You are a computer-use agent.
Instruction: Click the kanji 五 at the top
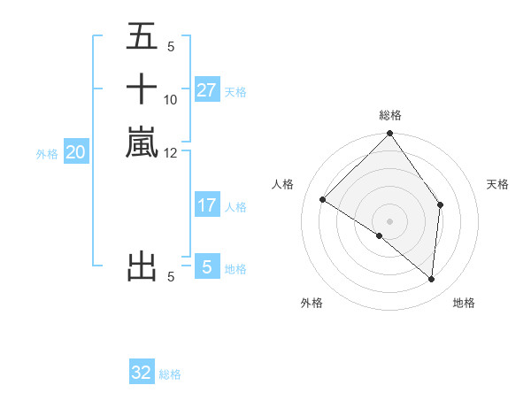pos(142,37)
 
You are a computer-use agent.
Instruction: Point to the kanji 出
pos(142,266)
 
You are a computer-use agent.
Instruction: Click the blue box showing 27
pos(207,90)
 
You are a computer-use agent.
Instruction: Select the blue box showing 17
pos(207,205)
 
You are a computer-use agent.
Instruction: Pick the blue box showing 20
pos(76,152)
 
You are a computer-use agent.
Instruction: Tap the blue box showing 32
pos(142,373)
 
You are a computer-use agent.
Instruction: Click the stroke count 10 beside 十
pos(171,100)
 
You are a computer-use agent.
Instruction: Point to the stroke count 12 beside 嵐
pos(171,152)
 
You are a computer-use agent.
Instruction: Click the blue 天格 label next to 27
pos(235,91)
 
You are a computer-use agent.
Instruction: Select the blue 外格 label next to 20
pos(47,153)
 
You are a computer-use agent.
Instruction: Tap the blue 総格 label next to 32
pos(170,374)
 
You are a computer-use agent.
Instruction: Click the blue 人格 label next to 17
pos(235,207)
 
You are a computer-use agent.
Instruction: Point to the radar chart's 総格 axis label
pos(390,115)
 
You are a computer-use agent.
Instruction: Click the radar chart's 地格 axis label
pos(464,303)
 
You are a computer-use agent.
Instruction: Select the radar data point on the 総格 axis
pos(390,134)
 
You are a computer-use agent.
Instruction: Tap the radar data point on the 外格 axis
pos(380,236)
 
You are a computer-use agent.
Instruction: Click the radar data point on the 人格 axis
pos(323,200)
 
